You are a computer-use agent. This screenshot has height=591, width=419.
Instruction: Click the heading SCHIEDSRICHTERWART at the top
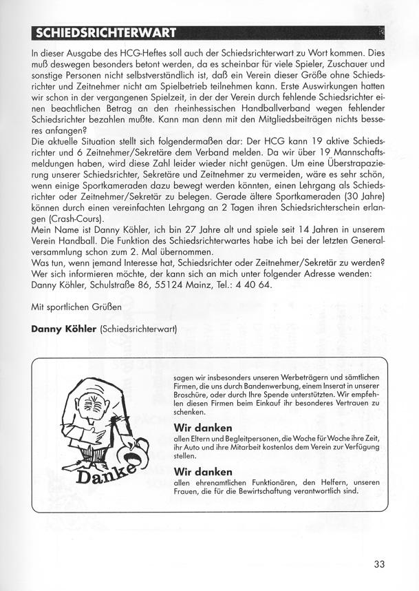tap(103, 32)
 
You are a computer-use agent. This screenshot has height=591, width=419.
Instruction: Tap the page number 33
tap(379, 564)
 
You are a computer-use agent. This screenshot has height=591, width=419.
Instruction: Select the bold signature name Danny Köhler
tap(65, 329)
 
